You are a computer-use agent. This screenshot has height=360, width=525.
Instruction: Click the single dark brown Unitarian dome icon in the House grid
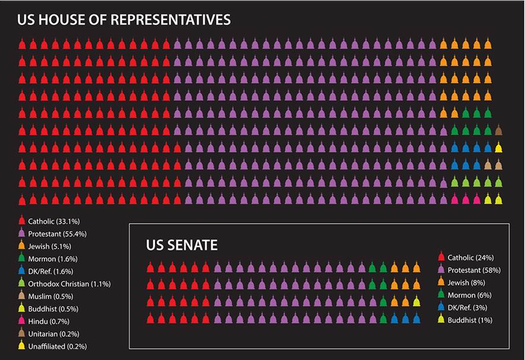pos(499,130)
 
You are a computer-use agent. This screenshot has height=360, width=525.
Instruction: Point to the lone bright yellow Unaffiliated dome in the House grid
pos(499,148)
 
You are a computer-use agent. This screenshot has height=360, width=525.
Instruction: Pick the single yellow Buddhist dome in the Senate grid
pos(416,302)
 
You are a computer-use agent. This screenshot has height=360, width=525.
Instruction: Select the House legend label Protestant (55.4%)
pos(57,234)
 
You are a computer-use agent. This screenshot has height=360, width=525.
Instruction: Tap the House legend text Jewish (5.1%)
pos(50,246)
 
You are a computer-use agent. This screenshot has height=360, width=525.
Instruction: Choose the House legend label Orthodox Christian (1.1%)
pos(68,283)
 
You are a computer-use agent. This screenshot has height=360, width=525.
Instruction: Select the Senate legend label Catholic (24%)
pos(470,257)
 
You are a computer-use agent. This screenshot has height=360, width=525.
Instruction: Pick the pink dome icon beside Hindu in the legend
pos(21,320)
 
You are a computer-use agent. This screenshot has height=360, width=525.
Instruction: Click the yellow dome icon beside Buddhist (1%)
pos(441,319)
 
